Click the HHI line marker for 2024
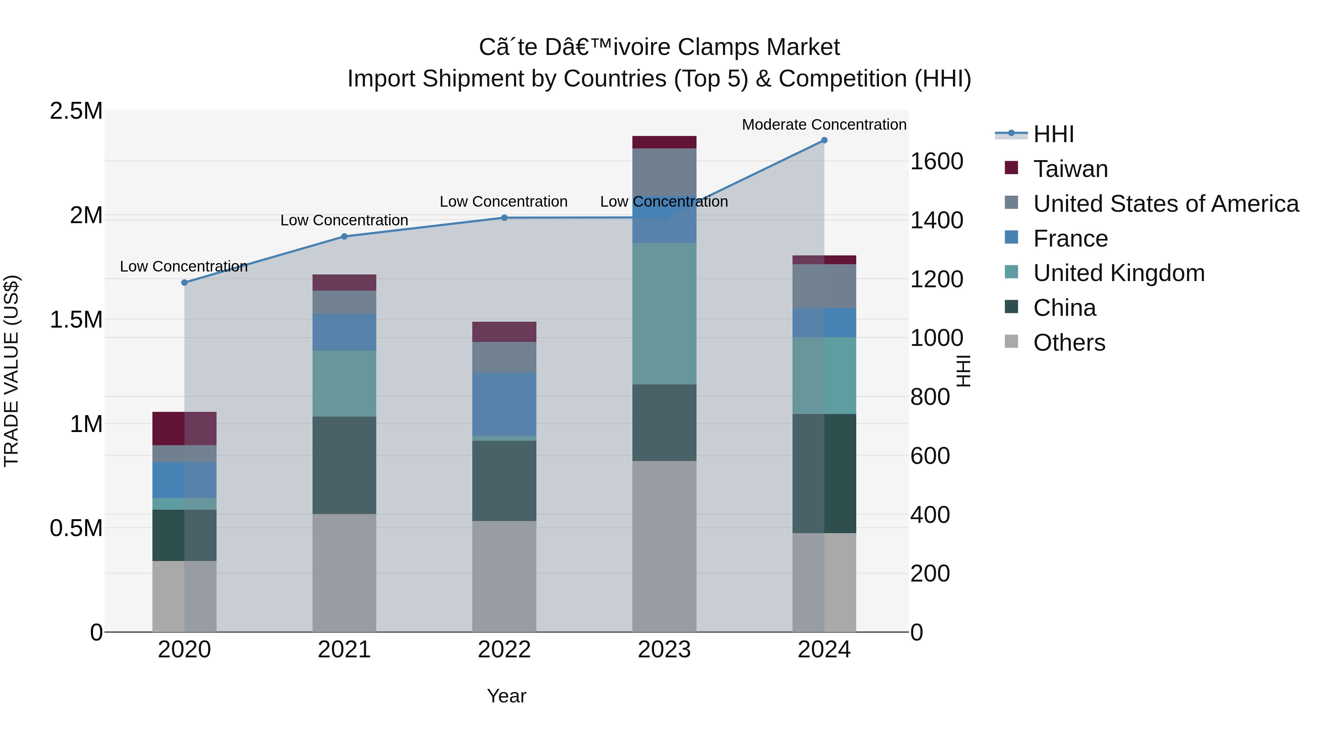pos(824,140)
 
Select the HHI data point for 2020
pos(184,282)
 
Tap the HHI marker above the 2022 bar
pos(504,218)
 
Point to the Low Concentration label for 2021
pos(344,220)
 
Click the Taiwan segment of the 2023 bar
pos(664,142)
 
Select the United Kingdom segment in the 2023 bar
pos(664,313)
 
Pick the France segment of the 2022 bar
pos(504,404)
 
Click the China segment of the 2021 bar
pos(344,465)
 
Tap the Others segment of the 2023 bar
pos(664,546)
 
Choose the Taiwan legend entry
pos(1070,169)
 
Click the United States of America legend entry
pos(1165,204)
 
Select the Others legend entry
pos(1069,343)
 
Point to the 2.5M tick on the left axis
pos(76,111)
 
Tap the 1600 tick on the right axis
pos(936,161)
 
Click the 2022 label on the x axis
pos(504,650)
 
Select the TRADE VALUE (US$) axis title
pos(11,371)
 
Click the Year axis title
pos(506,696)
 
